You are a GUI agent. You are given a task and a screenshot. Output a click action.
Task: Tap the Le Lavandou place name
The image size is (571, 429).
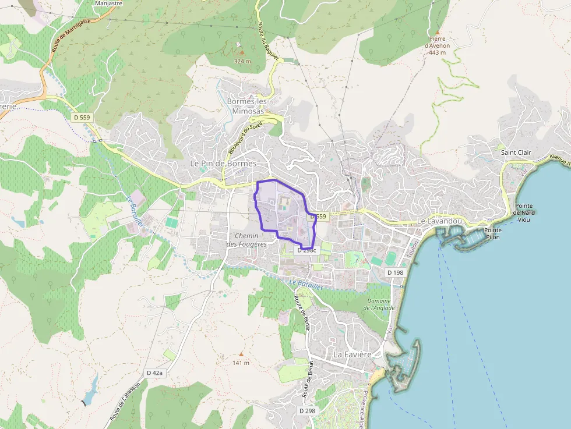439,222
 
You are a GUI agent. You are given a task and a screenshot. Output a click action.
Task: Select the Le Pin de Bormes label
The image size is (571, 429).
223,164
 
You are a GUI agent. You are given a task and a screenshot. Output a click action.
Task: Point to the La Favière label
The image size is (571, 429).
352,354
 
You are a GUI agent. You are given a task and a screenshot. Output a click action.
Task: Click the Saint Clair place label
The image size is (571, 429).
516,153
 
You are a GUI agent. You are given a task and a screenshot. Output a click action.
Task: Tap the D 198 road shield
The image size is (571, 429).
395,272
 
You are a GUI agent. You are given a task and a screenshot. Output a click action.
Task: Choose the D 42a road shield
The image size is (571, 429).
156,373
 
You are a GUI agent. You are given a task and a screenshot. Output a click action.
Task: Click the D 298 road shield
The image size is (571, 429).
307,410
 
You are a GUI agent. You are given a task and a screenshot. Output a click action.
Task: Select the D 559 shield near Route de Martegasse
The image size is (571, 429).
82,118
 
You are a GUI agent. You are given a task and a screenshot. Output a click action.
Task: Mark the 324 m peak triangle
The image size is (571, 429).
242,52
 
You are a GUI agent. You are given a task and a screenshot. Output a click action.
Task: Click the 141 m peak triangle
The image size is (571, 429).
241,353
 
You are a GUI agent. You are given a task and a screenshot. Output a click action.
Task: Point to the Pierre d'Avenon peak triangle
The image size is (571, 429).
437,31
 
